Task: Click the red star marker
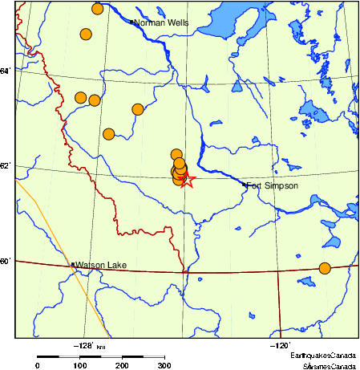click(186, 180)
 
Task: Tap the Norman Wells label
click(161, 22)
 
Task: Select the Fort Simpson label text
click(272, 186)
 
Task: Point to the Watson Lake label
click(101, 265)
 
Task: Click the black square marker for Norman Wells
click(131, 22)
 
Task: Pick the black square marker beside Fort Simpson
click(244, 185)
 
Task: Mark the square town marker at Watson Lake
click(73, 264)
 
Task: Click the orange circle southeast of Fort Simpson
click(325, 268)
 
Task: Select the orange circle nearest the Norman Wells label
click(98, 9)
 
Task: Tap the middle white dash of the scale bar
click(111, 356)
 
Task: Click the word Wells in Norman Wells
click(176, 22)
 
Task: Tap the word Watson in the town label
click(91, 265)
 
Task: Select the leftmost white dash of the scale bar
click(69, 356)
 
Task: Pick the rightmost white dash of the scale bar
click(153, 356)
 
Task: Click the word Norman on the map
click(148, 22)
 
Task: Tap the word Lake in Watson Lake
click(117, 265)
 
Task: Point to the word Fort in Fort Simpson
click(253, 186)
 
